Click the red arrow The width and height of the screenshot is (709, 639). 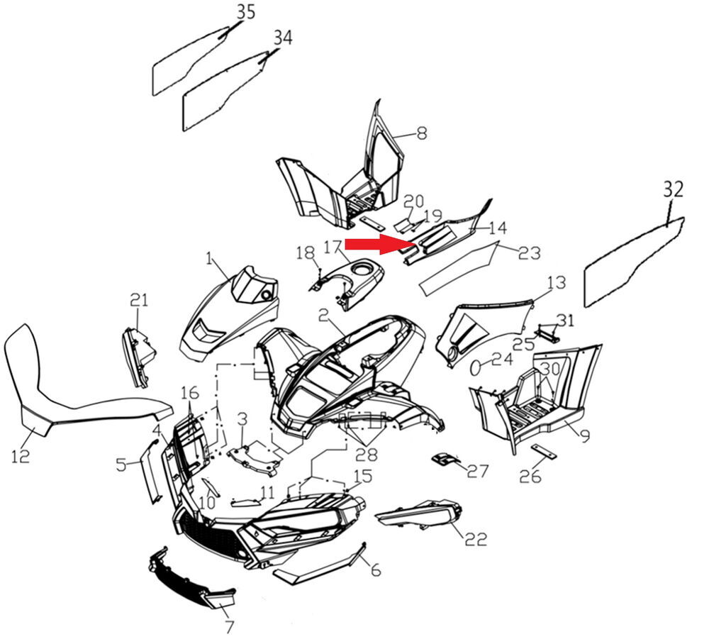381,244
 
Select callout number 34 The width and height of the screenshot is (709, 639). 283,38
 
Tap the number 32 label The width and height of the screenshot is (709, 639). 674,189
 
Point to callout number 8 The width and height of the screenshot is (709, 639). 421,133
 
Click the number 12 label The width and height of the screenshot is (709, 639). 21,456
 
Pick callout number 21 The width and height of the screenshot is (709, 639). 139,299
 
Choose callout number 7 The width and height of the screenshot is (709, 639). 229,627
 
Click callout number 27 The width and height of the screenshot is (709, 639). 478,471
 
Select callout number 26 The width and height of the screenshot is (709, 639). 530,476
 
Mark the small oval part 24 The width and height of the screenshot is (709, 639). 475,367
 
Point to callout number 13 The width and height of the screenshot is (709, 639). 557,283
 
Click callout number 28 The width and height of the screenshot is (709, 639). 367,454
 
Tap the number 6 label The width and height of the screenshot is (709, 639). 376,570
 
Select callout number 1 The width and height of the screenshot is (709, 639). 208,259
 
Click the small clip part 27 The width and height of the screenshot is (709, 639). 445,459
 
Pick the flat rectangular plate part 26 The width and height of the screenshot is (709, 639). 545,450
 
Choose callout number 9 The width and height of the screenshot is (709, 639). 585,436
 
